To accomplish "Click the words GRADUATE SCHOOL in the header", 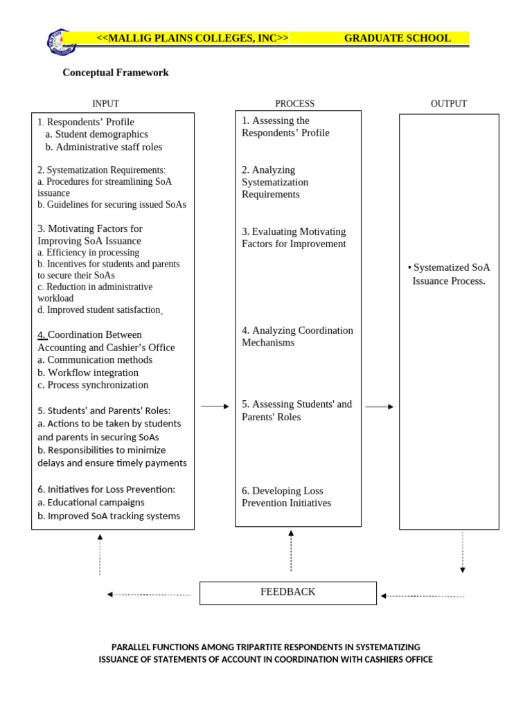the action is (x=397, y=38).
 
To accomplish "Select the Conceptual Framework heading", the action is (x=116, y=73).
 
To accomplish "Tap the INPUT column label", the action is (x=105, y=104).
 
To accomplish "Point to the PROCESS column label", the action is (x=294, y=104).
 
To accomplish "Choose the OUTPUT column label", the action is (x=448, y=104).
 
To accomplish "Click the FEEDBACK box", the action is (x=288, y=593).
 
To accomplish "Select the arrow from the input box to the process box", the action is (x=215, y=407).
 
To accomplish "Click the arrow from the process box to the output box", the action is (x=380, y=407).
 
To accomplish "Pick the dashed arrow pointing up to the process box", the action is (x=291, y=551).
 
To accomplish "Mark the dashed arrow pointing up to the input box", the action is (x=100, y=554).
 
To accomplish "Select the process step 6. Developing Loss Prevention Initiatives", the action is (x=286, y=497).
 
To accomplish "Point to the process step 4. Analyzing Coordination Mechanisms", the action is (x=297, y=336).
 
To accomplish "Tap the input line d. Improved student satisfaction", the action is (x=98, y=310).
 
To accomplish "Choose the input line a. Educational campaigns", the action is (x=91, y=503).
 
